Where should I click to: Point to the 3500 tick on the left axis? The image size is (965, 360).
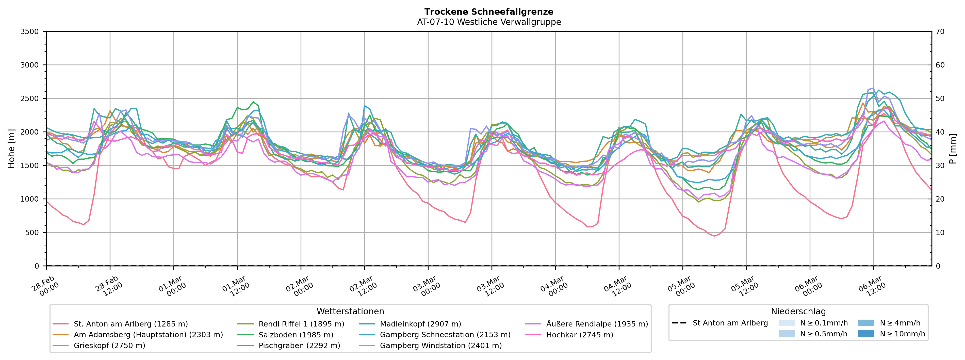coord(30,31)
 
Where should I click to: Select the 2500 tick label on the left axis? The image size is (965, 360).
coord(30,99)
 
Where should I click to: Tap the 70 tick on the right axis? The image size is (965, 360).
coord(940,31)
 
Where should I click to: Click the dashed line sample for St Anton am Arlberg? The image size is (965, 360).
coord(679,323)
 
